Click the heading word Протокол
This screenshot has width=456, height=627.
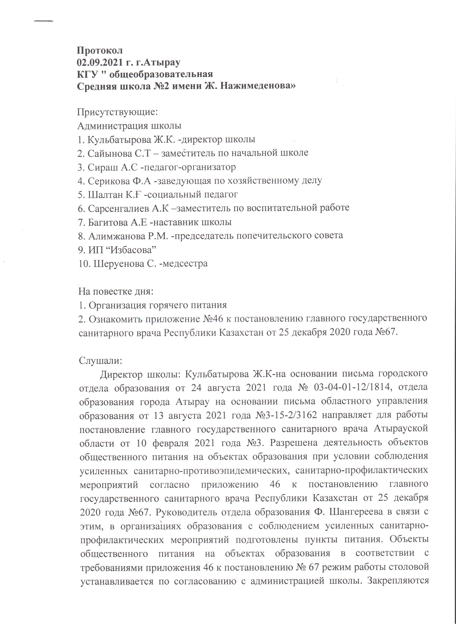click(100, 51)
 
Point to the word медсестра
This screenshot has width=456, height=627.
click(185, 263)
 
